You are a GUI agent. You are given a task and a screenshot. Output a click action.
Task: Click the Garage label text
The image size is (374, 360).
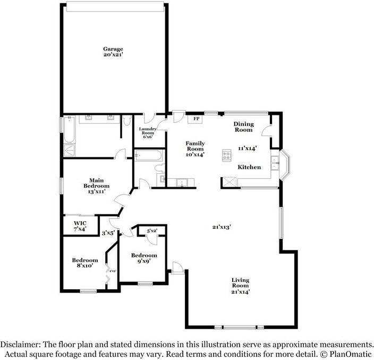pos(113,52)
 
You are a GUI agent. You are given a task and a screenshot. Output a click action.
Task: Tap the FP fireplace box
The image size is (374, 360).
pos(196,119)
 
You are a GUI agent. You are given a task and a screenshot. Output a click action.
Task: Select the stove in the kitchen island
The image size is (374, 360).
pos(227,156)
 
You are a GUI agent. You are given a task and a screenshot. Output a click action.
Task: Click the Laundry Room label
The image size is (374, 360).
pos(147,133)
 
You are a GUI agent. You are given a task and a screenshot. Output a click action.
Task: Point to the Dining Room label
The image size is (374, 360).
pos(243,127)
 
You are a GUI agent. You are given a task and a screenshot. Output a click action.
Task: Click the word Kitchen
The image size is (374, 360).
pos(249,167)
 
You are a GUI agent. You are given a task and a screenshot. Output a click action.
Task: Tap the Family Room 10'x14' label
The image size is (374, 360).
pos(194,149)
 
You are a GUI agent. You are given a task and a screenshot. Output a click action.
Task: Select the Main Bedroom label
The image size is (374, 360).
pos(96,186)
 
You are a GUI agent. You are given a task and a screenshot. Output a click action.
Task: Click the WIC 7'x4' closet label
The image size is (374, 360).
pos(80,225)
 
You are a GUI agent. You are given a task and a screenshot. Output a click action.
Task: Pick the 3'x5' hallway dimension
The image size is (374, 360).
pos(108,232)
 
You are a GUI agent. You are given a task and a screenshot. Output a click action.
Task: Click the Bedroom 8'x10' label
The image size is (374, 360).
pos(85,263)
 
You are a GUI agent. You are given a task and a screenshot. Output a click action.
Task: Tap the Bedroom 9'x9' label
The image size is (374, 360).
pos(144,258)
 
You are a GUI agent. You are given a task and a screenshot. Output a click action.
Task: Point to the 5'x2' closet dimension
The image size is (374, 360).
pos(152,231)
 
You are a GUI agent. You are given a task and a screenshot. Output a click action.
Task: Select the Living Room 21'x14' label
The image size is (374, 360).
pos(240,286)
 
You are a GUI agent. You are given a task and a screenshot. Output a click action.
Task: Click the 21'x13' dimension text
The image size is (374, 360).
pos(222,227)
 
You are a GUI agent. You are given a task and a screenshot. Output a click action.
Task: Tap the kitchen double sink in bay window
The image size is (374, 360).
pos(275,163)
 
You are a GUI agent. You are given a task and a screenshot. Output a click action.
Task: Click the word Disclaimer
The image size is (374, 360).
pos(21,344)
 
